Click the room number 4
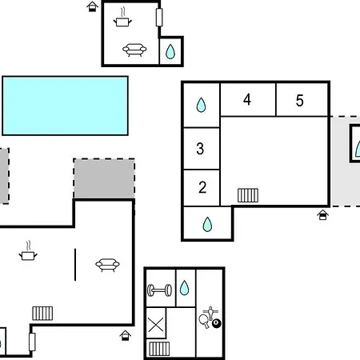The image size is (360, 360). [x=247, y=100]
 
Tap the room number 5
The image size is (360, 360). [x=300, y=101]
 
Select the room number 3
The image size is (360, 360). [x=200, y=149]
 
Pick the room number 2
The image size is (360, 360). [x=202, y=187]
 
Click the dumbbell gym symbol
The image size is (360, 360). [x=159, y=290]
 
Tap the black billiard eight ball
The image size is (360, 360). [x=217, y=323]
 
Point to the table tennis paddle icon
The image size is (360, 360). [x=204, y=321]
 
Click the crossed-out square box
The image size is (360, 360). [x=156, y=322]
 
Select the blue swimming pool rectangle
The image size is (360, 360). [x=66, y=106]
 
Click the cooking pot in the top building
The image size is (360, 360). [x=122, y=18]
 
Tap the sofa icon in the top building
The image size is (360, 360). [x=134, y=50]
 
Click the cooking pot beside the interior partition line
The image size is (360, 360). [x=28, y=251]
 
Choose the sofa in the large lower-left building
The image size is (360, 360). [x=107, y=265]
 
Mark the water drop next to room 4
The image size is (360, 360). [x=201, y=105]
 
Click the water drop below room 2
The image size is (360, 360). [x=207, y=224]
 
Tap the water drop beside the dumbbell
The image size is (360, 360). [x=184, y=288]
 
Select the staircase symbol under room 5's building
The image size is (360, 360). [x=248, y=195]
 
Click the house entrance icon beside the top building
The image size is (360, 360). [x=92, y=6]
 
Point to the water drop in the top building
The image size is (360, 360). [x=170, y=51]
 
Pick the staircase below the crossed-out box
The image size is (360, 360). [x=159, y=349]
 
